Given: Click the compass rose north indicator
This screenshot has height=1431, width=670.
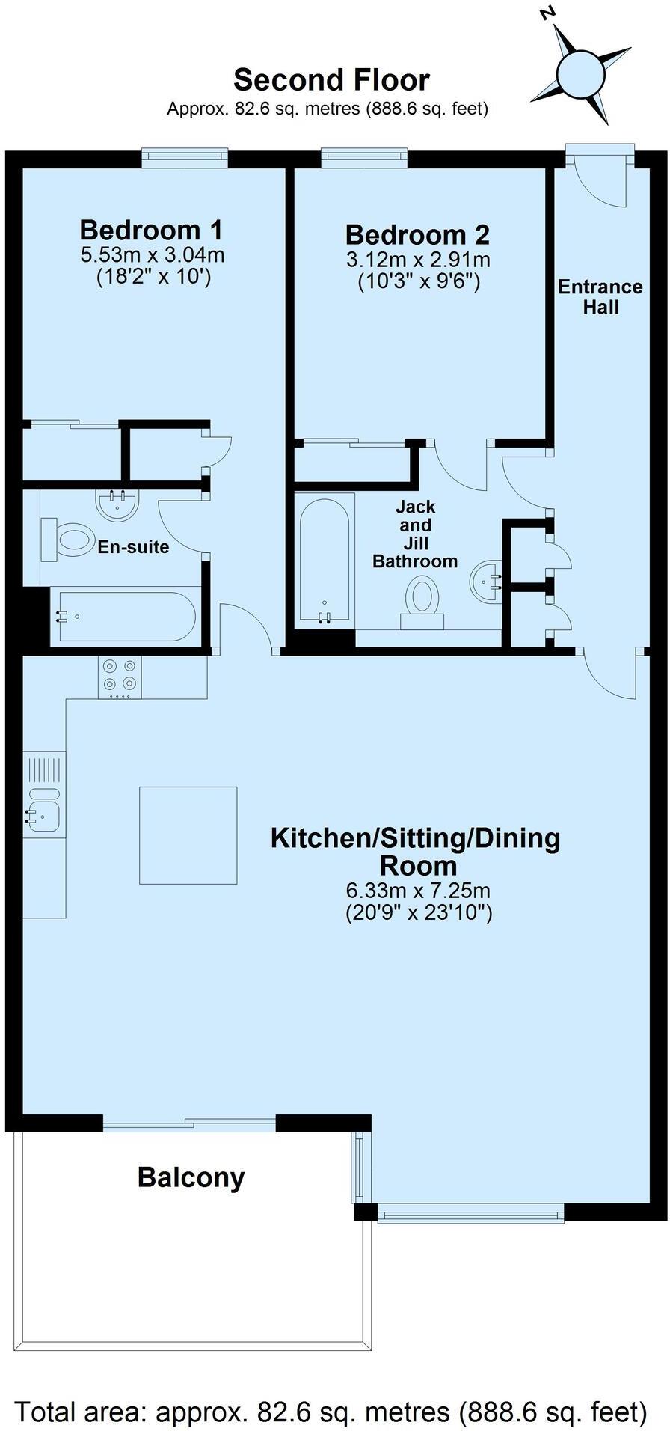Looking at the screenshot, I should (550, 13).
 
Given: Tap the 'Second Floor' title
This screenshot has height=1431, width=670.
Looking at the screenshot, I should (331, 79).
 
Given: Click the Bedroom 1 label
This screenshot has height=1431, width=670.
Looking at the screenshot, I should (151, 229).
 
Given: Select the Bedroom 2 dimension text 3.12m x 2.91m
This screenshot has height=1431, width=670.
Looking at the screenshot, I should (417, 260).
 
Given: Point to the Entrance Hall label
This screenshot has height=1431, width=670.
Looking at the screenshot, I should (600, 296).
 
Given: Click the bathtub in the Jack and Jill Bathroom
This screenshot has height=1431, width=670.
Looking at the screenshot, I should (325, 558).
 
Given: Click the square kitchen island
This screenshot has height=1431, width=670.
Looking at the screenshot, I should (188, 835).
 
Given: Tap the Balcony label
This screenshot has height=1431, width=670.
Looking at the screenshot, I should (191, 1177).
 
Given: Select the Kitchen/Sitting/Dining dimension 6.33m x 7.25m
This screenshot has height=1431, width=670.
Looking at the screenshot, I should (417, 891).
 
